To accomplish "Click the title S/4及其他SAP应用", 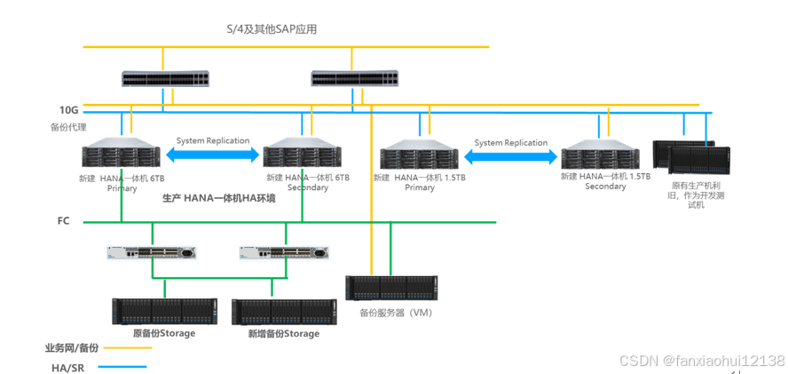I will [x=272, y=29].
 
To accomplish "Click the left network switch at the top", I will [x=165, y=79].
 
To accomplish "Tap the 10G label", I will [x=69, y=110].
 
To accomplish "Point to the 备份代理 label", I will [x=68, y=127].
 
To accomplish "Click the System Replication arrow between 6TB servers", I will [x=213, y=155].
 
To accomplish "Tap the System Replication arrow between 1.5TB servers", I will [x=511, y=156].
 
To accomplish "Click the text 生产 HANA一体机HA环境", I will [x=218, y=198].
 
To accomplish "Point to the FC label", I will [x=63, y=220].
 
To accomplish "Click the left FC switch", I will [x=153, y=252].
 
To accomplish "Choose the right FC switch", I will [x=284, y=252].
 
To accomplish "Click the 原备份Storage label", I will [x=163, y=333].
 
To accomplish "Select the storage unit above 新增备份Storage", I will [x=284, y=311].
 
